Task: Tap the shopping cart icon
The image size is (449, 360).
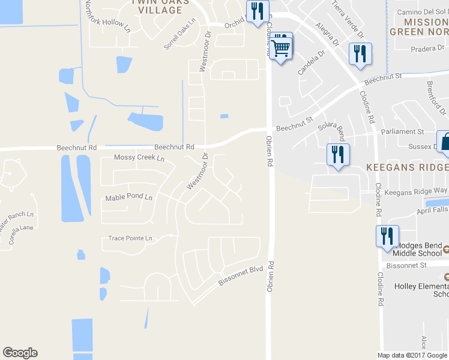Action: [x=281, y=47]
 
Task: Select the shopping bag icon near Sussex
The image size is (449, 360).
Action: [x=445, y=143]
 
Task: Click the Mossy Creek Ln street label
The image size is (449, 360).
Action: [x=139, y=158]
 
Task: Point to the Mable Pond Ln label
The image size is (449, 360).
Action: [x=129, y=197]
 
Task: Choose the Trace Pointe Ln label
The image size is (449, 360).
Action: [x=130, y=238]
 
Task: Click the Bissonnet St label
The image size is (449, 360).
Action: [x=406, y=265]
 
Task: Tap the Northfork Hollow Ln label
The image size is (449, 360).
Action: [x=107, y=16]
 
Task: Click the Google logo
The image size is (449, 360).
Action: [x=20, y=353]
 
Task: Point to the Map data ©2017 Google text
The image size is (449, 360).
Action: [x=412, y=355]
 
